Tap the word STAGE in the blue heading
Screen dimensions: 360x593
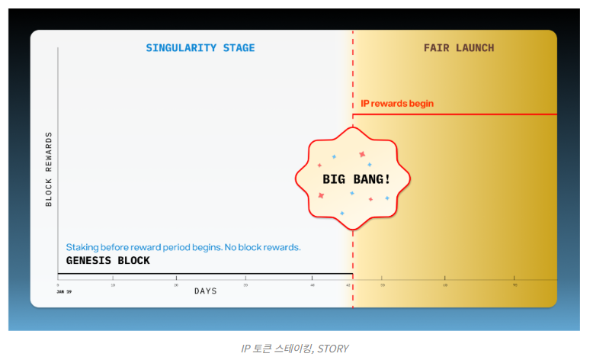(238, 48)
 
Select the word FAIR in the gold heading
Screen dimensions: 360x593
(435, 48)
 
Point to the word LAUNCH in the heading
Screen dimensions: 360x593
(475, 48)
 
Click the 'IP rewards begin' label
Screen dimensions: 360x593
(397, 104)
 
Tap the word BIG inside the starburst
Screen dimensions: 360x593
(333, 179)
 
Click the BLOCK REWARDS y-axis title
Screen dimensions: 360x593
(49, 169)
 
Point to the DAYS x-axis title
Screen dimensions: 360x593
(206, 291)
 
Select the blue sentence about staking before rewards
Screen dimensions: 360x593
(183, 247)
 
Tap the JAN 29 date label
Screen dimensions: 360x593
(64, 291)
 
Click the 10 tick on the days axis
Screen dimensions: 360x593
(113, 284)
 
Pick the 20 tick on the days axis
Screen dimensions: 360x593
(176, 284)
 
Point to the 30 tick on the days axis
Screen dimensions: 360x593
(245, 284)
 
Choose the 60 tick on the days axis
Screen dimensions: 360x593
(445, 284)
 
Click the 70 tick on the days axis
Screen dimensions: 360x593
(514, 284)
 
